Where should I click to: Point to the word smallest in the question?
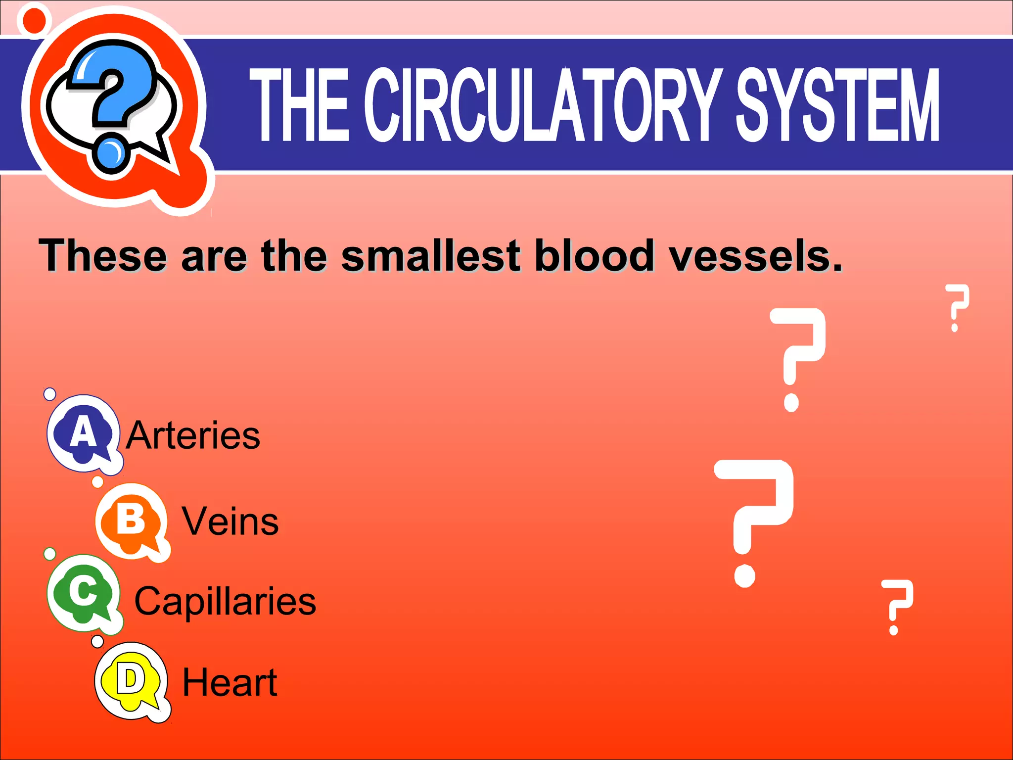pos(430,256)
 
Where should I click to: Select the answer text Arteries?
pos(193,435)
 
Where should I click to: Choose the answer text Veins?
pos(230,522)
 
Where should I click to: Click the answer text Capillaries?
pos(225,601)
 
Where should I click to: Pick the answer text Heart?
pos(230,683)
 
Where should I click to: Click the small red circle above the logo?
pos(34,19)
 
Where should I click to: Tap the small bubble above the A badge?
pos(50,394)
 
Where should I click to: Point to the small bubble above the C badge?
pos(50,553)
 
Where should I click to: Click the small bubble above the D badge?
pos(97,641)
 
